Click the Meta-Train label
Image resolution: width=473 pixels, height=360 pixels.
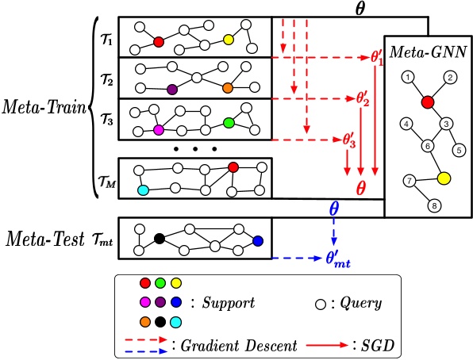point(44,105)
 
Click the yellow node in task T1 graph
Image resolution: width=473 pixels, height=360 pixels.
point(229,39)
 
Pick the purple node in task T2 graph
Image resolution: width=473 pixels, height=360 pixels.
point(171,89)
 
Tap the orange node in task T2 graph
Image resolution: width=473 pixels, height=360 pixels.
point(227,88)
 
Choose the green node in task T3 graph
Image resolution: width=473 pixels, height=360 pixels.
point(229,123)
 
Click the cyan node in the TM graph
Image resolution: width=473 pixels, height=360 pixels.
point(143,190)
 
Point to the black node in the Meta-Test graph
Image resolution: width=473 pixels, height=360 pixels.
point(159,238)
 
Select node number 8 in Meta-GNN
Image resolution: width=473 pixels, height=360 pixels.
point(433,207)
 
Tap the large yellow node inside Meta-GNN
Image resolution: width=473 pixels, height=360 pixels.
point(444,178)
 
